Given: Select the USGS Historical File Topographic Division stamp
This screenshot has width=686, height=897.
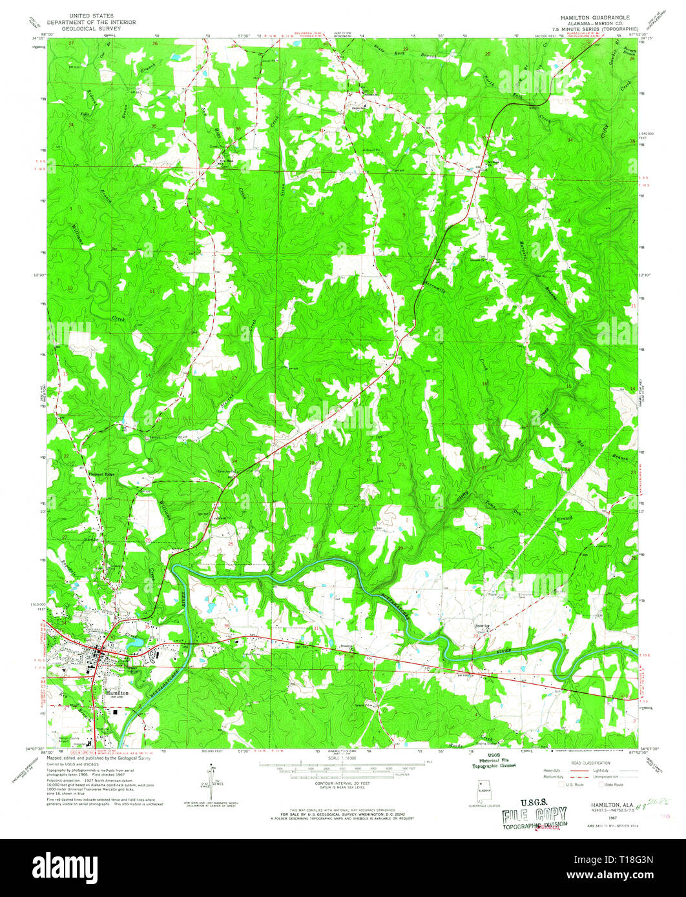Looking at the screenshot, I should coord(493,761).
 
